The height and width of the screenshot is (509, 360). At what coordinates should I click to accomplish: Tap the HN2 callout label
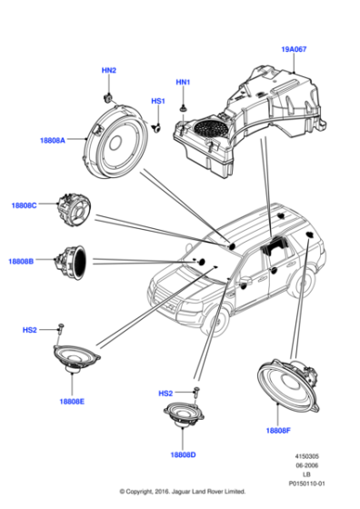pos(107,70)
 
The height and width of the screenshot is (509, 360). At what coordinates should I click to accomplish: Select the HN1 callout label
pos(183,83)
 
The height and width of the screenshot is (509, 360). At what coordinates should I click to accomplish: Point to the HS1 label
pos(157,101)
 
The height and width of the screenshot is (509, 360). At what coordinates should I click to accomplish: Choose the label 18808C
pos(24,206)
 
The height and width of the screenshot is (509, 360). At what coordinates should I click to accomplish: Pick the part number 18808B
pos(21,261)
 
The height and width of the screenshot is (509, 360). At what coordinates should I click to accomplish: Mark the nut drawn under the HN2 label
pos(107,93)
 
